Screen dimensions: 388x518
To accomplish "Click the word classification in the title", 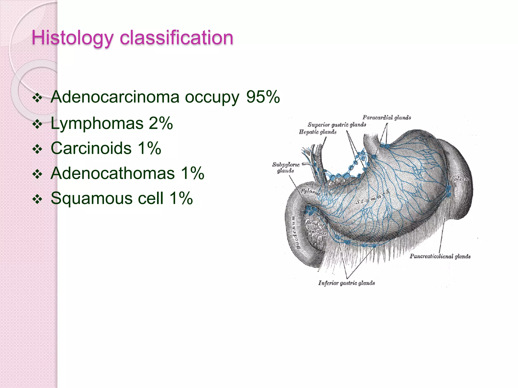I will pyautogui.click(x=176, y=38).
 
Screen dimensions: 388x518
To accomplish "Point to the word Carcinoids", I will pyautogui.click(x=91, y=148).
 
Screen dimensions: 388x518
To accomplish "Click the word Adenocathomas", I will pyautogui.click(x=113, y=173).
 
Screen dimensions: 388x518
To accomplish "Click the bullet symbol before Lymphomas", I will pyautogui.click(x=37, y=124).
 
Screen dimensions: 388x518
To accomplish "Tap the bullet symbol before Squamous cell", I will pyautogui.click(x=37, y=199).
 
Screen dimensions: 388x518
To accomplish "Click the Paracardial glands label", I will pyautogui.click(x=386, y=117).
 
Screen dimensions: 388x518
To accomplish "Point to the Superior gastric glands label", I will pyautogui.click(x=337, y=125).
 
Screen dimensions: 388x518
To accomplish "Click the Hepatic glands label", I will pyautogui.click(x=318, y=132).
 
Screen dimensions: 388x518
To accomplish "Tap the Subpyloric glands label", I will pyautogui.click(x=286, y=167).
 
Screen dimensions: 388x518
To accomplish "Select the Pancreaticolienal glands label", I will pyautogui.click(x=440, y=256).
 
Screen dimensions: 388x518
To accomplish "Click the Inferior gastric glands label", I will pyautogui.click(x=346, y=283).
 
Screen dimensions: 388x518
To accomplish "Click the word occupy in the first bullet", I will pyautogui.click(x=212, y=97).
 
